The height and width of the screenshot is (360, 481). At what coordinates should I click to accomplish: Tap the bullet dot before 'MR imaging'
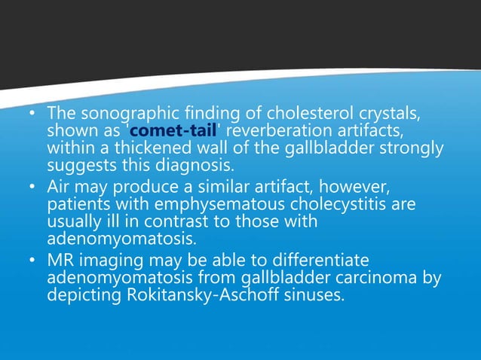pos(31,261)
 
